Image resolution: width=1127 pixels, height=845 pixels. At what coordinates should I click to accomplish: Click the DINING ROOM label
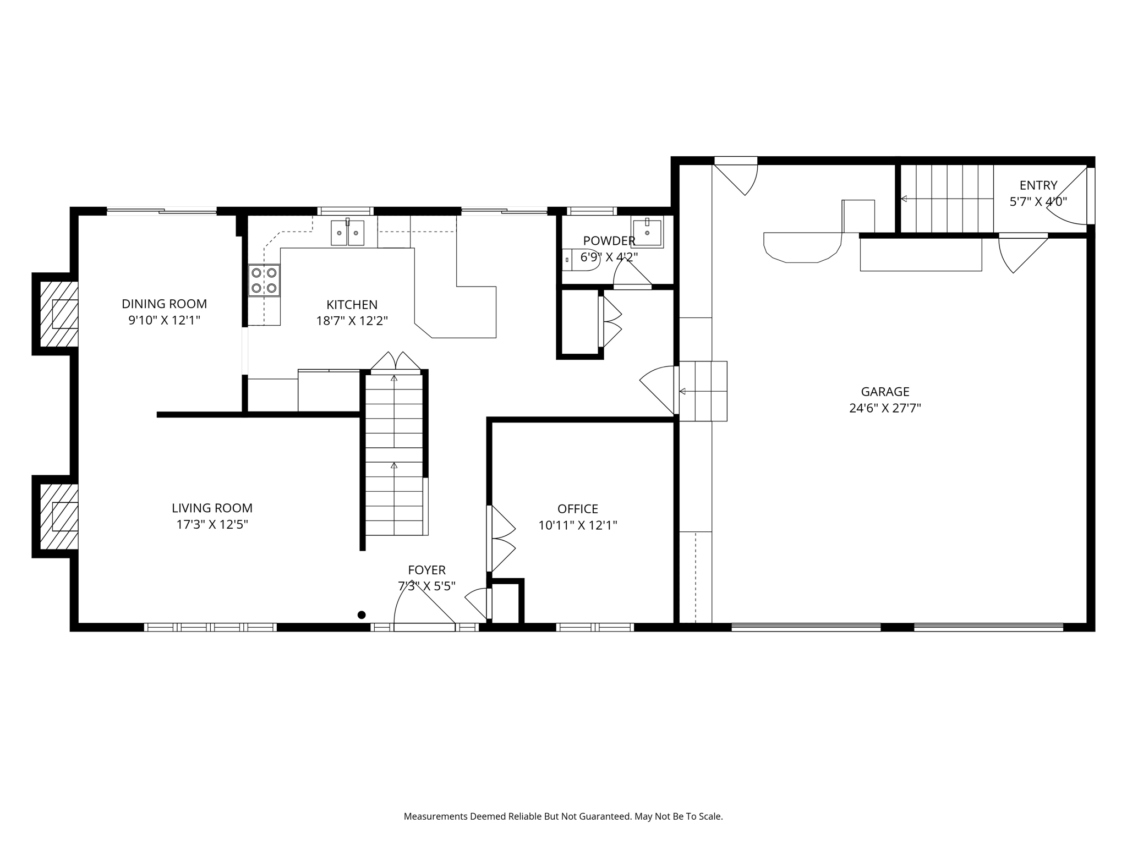click(164, 304)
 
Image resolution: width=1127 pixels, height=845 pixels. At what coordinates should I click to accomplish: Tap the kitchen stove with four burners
click(264, 281)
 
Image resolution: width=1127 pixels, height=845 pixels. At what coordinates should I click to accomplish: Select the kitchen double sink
click(347, 232)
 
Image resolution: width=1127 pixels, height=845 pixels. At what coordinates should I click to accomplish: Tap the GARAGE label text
click(885, 392)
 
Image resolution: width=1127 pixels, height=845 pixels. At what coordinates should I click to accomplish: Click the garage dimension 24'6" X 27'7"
click(885, 408)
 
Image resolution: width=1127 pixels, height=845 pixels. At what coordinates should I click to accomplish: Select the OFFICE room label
click(578, 509)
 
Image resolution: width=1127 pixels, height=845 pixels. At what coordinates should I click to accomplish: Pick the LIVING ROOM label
click(212, 508)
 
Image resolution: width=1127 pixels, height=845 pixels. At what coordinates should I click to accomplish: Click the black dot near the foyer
click(362, 615)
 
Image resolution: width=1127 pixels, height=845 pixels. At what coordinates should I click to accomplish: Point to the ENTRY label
click(1038, 185)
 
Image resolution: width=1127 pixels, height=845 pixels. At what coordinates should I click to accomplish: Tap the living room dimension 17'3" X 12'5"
click(212, 525)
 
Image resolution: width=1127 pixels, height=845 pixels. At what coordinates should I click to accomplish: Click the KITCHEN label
click(352, 305)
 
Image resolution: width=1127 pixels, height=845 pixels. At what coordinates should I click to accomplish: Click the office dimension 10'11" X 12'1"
click(578, 525)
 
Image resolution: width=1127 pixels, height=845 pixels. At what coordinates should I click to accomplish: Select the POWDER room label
click(609, 241)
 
